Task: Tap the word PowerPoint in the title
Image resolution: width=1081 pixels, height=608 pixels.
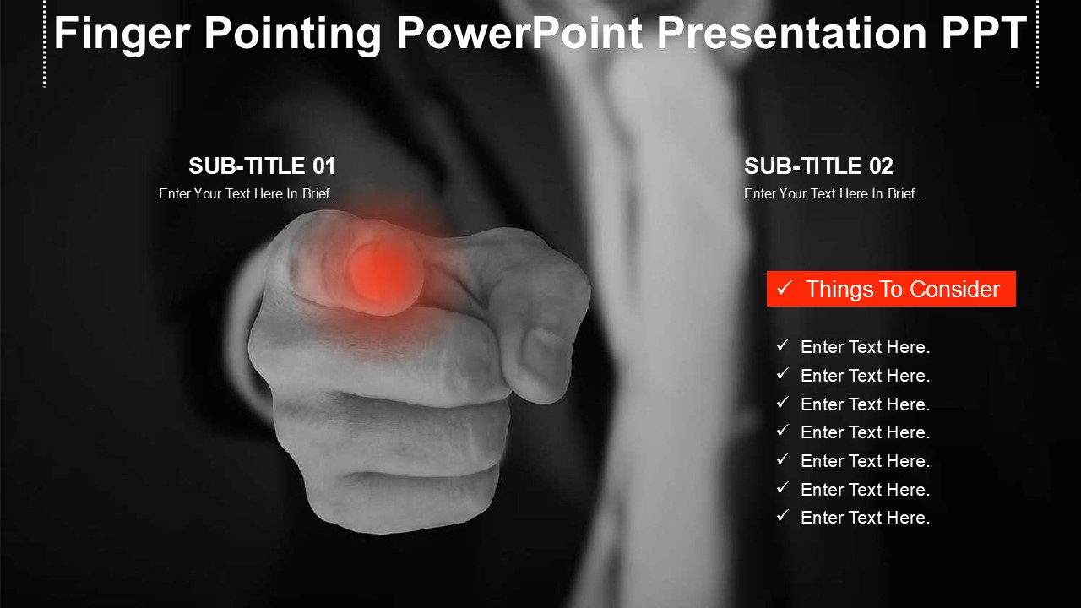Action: [519, 33]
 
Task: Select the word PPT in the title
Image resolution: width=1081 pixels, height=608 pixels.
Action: [984, 32]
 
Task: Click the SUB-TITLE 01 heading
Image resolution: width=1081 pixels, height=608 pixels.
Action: [262, 166]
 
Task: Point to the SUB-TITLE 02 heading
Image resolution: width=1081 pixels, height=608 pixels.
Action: [818, 166]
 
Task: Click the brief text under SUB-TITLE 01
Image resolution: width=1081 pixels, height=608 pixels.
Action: [247, 193]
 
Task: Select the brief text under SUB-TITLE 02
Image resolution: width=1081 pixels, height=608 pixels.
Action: [833, 193]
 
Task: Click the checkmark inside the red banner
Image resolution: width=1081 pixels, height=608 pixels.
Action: [785, 288]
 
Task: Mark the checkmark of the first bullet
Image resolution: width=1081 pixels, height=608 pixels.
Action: [782, 345]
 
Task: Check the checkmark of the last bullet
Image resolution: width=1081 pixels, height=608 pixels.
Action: [782, 516]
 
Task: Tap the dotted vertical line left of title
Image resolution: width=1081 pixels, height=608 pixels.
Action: [45, 43]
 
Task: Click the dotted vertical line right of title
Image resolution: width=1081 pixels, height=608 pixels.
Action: [1038, 43]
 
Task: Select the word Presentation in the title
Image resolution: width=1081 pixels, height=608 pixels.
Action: [792, 32]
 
